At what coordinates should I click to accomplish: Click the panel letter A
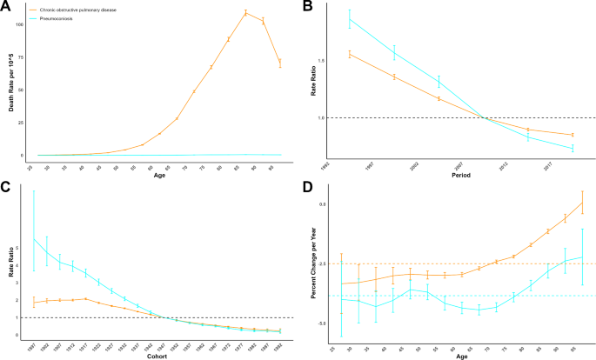(x=7, y=7)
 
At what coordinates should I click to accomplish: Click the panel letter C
(x=7, y=187)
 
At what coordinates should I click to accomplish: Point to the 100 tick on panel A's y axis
(x=19, y=24)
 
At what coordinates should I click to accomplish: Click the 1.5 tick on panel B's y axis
(x=321, y=61)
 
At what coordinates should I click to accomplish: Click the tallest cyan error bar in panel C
(x=34, y=230)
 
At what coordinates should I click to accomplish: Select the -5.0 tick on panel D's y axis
(x=321, y=323)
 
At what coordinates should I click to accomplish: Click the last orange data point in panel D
(x=582, y=203)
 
